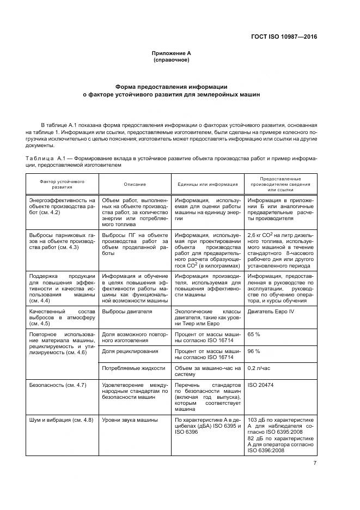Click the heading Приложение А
pyautogui.click(x=171, y=53)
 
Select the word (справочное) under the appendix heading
pyautogui.click(x=171, y=60)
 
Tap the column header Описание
pyautogui.click(x=135, y=184)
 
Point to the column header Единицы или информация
pyautogui.click(x=208, y=184)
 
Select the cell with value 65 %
pyautogui.click(x=254, y=332)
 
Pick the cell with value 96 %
pyautogui.click(x=254, y=351)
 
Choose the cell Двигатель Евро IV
pyautogui.click(x=271, y=312)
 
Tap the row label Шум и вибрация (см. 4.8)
pyautogui.click(x=61, y=420)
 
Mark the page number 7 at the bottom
pyautogui.click(x=315, y=463)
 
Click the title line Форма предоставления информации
pyautogui.click(x=171, y=87)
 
